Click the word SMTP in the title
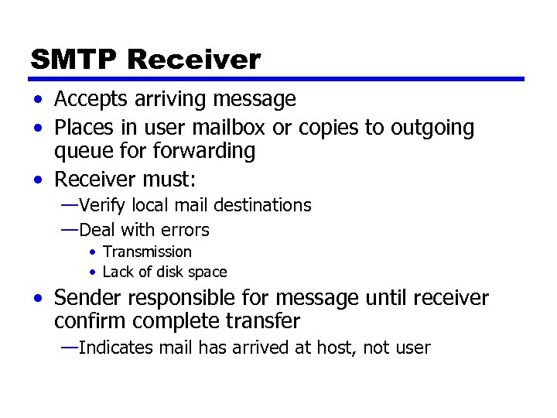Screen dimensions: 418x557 click(73, 59)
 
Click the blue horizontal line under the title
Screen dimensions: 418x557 click(277, 79)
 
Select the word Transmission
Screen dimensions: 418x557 click(147, 252)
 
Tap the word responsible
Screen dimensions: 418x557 click(186, 297)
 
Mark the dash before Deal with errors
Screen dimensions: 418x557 click(69, 229)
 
